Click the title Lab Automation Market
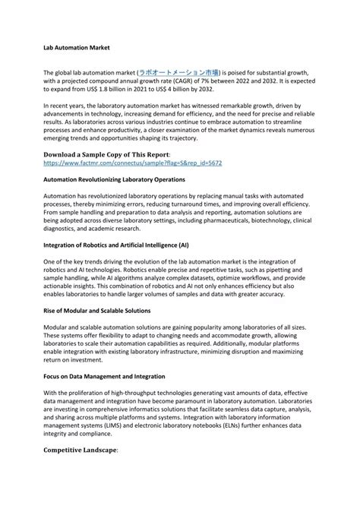(77, 47)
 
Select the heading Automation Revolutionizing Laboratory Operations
(114, 179)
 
